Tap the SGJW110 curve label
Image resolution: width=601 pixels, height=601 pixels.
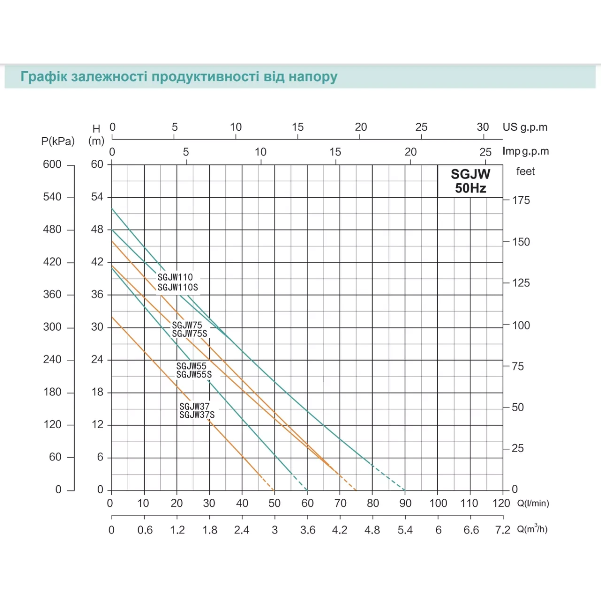coord(175,277)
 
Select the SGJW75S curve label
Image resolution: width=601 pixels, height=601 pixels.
coord(189,334)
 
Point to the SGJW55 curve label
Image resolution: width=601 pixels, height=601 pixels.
coord(191,366)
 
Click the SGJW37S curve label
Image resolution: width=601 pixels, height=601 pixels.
coord(197,415)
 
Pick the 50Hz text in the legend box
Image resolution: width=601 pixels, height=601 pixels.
coord(470,188)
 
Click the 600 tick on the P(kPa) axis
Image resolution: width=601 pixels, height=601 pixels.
coord(52,164)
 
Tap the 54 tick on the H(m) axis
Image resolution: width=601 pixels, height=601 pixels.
coord(97,197)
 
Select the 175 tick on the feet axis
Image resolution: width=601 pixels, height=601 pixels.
coord(520,200)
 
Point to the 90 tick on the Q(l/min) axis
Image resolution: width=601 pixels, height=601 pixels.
coord(405,503)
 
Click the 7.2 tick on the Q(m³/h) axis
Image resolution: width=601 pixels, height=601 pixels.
coord(502,530)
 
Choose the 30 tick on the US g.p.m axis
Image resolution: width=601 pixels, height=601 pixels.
coord(482,127)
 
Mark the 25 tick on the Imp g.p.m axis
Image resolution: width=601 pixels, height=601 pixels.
coord(485,152)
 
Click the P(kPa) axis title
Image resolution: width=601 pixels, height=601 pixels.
coord(58,141)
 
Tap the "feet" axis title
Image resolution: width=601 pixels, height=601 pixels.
coord(525,171)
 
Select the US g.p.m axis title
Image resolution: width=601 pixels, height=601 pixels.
coord(525,127)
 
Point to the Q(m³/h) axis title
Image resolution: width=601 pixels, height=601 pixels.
coord(532,529)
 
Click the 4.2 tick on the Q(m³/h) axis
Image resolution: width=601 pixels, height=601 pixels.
coord(340,530)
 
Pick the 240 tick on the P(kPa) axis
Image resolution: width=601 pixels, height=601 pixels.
coord(52,360)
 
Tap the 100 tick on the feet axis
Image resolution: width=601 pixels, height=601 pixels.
coord(520,326)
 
